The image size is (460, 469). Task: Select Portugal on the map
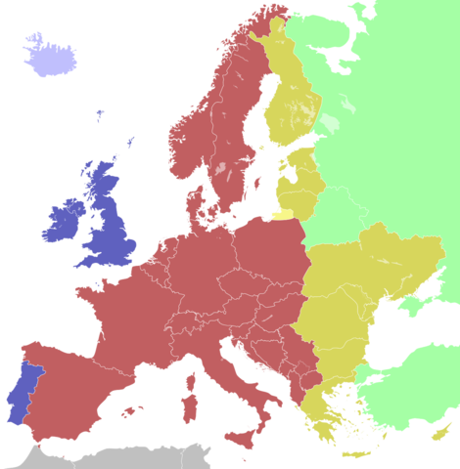tap(21, 396)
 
